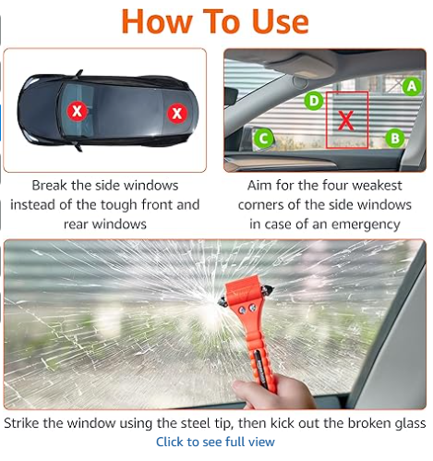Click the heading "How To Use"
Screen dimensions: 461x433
[x=216, y=20]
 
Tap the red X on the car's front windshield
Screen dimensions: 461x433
[x=78, y=112]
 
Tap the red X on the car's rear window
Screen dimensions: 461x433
[x=176, y=114]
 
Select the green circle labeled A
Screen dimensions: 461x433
[x=412, y=87]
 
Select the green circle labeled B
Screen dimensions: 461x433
[x=395, y=139]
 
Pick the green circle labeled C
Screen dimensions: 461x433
[x=264, y=140]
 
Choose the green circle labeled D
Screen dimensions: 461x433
[x=314, y=100]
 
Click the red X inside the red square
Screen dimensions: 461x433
[x=346, y=118]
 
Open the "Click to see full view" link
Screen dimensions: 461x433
[x=215, y=443]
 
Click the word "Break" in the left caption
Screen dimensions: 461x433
[x=51, y=186]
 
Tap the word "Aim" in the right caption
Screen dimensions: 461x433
[x=262, y=186]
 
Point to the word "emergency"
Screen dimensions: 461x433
[x=363, y=224]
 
